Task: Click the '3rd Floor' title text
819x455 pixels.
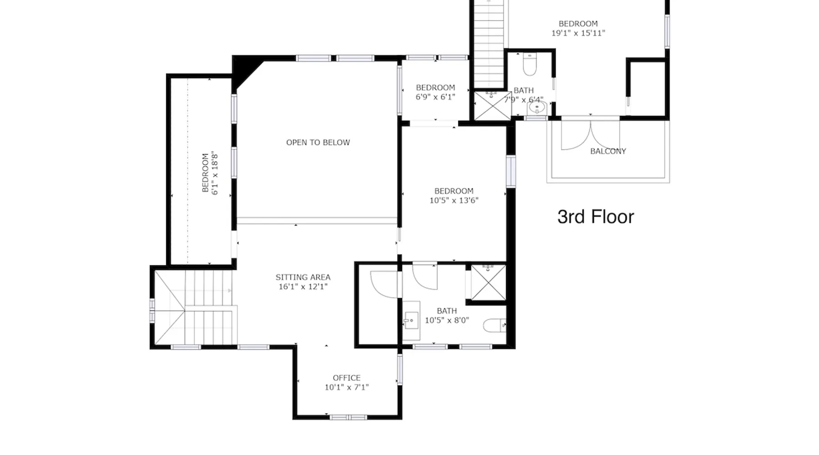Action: [596, 217]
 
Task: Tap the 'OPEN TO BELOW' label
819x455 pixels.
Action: [318, 142]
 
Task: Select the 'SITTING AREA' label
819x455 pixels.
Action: [303, 277]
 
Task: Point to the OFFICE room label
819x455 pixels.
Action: [347, 378]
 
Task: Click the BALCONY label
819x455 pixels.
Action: [608, 151]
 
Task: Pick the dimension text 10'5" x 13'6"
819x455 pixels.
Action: [454, 200]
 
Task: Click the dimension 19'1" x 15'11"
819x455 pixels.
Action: [578, 33]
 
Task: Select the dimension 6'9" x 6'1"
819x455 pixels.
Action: [435, 97]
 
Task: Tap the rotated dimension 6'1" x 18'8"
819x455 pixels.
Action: [215, 173]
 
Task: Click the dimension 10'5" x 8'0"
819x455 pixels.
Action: [447, 320]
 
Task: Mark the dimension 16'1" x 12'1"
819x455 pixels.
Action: [303, 287]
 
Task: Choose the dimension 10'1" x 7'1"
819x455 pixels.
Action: [347, 387]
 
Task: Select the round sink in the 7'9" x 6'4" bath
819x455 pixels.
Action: [537, 108]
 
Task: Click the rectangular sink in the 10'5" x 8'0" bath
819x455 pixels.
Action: [412, 321]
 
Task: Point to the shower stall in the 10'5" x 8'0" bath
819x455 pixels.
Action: [488, 283]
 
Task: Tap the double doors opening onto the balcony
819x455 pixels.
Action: [590, 135]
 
